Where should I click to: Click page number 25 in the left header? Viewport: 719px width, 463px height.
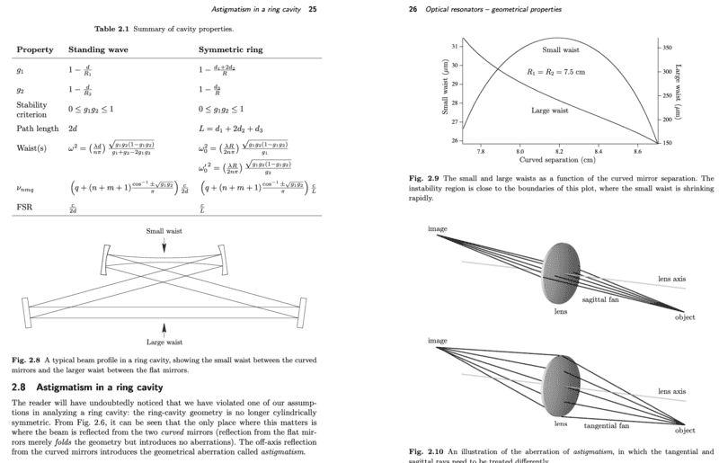pyautogui.click(x=311, y=9)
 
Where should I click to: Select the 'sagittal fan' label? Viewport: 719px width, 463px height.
pyautogui.click(x=601, y=298)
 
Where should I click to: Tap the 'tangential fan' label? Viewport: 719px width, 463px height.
pyautogui.click(x=605, y=423)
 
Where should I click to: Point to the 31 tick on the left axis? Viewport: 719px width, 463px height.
pyautogui.click(x=456, y=45)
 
